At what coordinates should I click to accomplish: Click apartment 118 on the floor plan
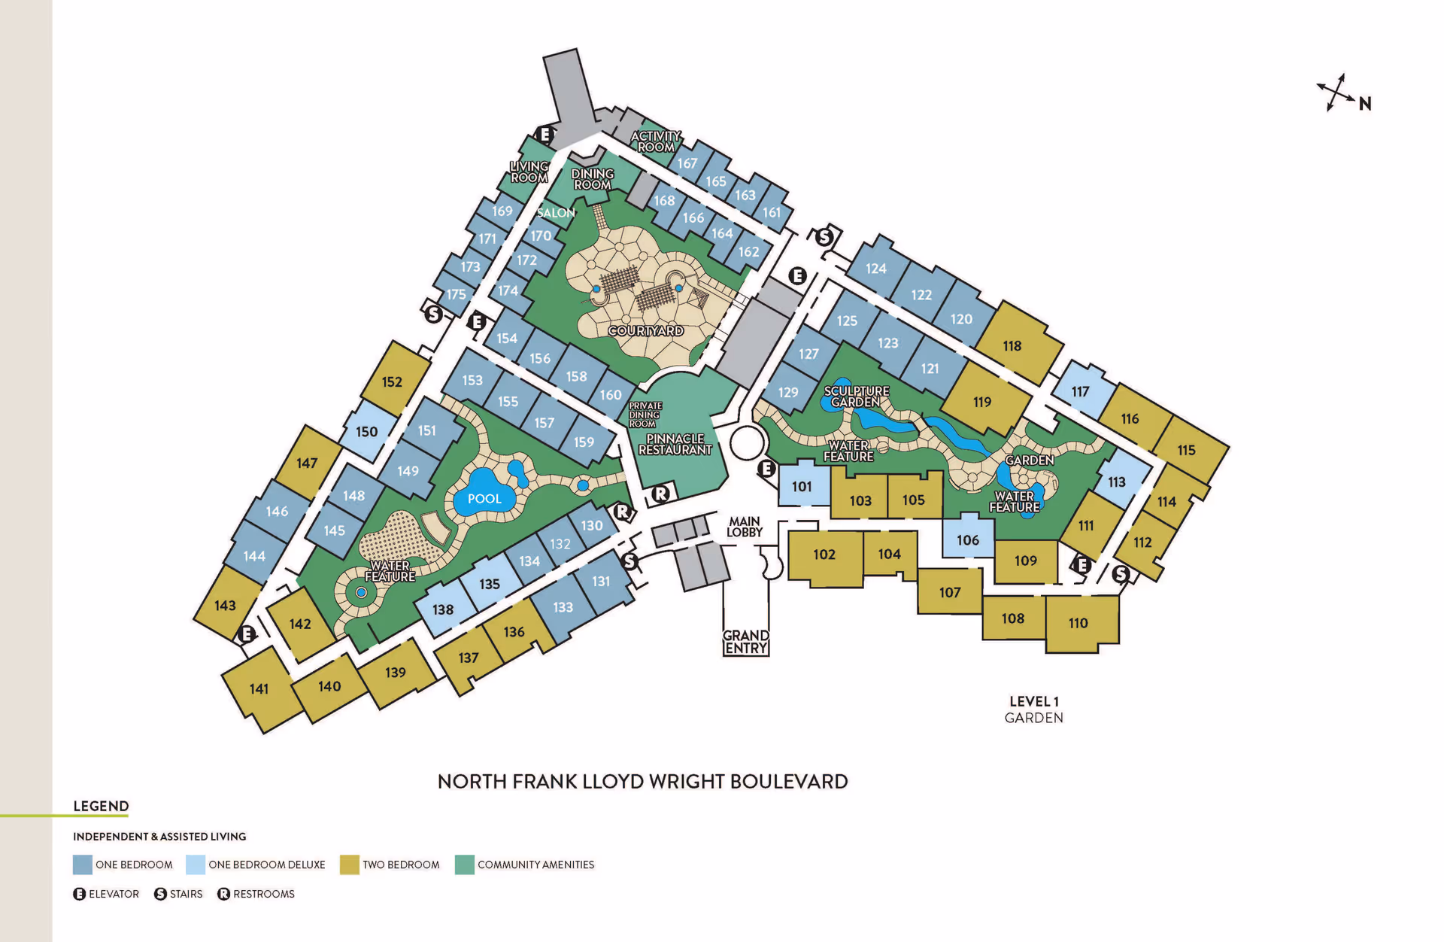click(x=1012, y=346)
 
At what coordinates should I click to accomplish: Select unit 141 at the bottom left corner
click(x=259, y=688)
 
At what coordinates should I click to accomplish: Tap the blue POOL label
click(x=484, y=499)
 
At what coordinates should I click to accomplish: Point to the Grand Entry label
click(x=746, y=642)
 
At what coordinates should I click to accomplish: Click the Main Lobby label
click(x=745, y=527)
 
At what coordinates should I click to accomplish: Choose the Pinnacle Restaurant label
click(x=675, y=444)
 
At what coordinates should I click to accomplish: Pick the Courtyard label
click(x=646, y=331)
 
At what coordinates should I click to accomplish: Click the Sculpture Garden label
click(x=857, y=397)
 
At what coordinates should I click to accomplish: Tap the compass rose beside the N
click(x=1335, y=93)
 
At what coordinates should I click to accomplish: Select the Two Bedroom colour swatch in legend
click(x=349, y=865)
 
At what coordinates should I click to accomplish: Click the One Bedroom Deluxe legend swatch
click(x=196, y=865)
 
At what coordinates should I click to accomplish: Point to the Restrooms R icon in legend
click(x=223, y=894)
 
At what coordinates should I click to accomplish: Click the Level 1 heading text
click(x=1034, y=701)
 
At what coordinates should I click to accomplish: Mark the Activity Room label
click(x=656, y=141)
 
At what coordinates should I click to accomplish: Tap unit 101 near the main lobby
click(x=802, y=487)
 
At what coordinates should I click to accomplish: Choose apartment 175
click(x=457, y=294)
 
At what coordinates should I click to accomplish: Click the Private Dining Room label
click(x=645, y=415)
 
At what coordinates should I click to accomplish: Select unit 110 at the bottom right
click(x=1078, y=623)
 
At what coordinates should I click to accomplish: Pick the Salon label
click(x=556, y=213)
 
